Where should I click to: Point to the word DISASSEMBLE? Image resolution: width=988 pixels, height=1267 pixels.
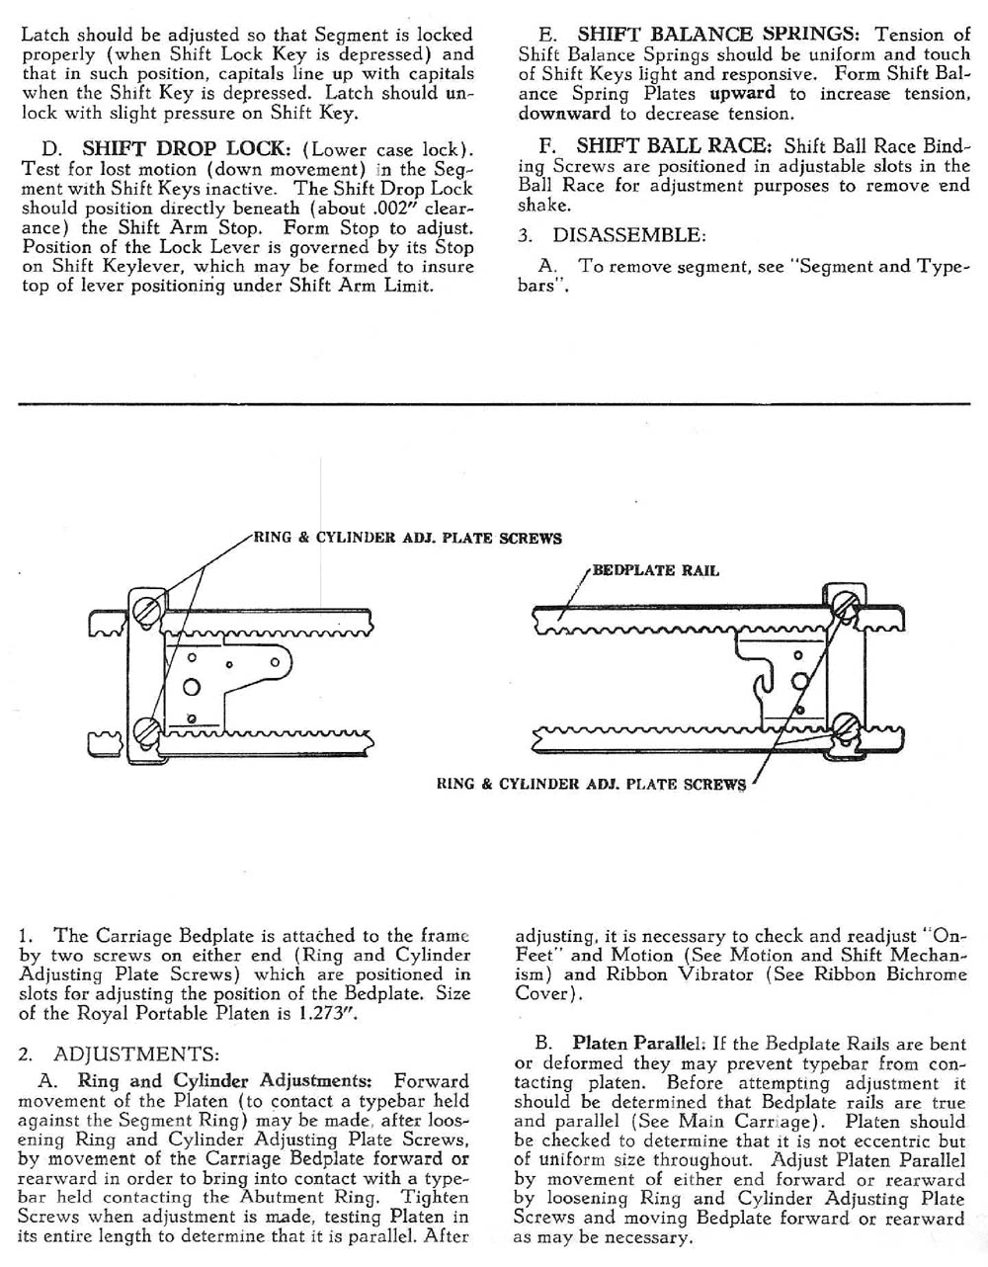[629, 235]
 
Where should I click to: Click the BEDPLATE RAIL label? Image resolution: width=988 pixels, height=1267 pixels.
[656, 570]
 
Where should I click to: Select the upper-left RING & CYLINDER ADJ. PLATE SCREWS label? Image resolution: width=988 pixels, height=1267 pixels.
[408, 539]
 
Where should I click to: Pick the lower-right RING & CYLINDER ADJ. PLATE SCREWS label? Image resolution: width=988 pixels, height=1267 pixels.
[591, 785]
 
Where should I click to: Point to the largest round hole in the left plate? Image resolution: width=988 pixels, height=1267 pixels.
[194, 687]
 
